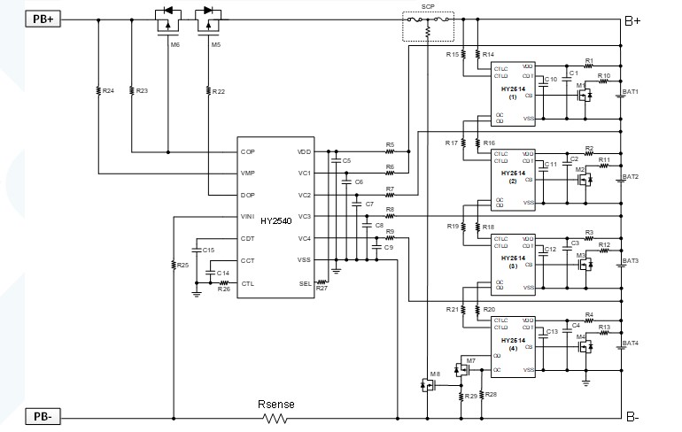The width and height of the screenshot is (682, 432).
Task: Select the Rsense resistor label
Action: pyautogui.click(x=276, y=404)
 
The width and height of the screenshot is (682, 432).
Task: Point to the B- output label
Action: pyautogui.click(x=633, y=417)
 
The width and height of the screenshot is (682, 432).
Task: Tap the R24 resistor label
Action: pyautogui.click(x=108, y=90)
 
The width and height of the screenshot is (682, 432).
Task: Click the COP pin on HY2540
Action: pyautogui.click(x=248, y=151)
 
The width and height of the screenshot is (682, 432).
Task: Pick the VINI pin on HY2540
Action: pyautogui.click(x=248, y=217)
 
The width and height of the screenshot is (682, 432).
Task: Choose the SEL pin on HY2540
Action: pyautogui.click(x=304, y=283)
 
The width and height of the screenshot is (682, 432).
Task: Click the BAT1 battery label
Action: pyautogui.click(x=631, y=91)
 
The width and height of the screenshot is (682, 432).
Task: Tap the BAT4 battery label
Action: pyautogui.click(x=631, y=343)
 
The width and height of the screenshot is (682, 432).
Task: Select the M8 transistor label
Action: pyautogui.click(x=434, y=374)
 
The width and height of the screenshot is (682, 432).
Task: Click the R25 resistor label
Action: pyautogui.click(x=182, y=265)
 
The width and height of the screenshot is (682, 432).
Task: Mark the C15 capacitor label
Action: pyautogui.click(x=208, y=251)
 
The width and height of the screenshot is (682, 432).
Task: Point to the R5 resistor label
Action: pyautogui.click(x=390, y=144)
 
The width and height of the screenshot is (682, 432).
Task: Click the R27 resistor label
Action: pyautogui.click(x=322, y=289)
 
